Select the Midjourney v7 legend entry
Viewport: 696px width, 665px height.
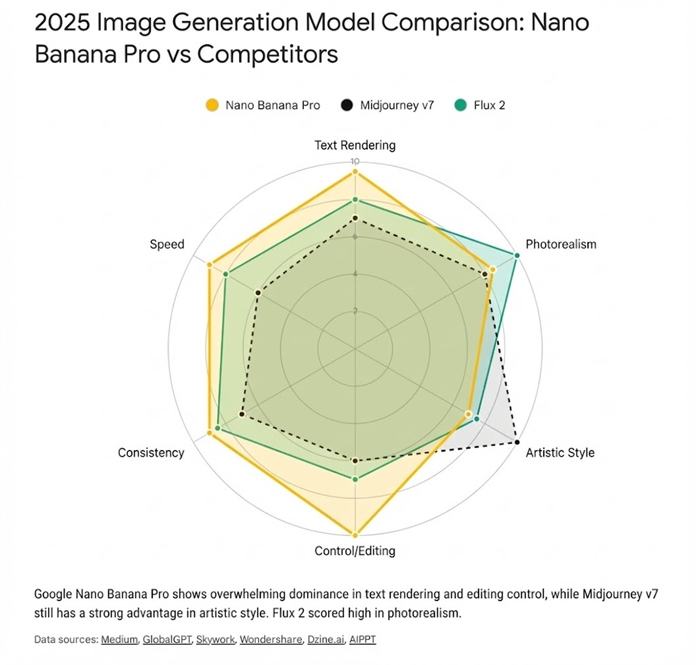point(388,105)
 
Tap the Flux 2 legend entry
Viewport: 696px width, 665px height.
point(480,105)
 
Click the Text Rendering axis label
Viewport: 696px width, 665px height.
point(355,145)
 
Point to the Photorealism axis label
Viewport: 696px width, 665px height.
point(560,244)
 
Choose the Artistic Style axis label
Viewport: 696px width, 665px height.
point(560,453)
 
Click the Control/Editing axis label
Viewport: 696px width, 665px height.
point(355,551)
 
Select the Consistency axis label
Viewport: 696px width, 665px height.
point(151,453)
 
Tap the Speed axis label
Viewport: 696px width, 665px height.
point(167,244)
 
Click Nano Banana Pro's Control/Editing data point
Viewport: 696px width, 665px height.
point(355,535)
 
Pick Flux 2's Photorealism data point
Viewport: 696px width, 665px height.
point(517,255)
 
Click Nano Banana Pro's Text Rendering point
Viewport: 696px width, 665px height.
point(355,172)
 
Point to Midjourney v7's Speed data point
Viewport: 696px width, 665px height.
point(258,293)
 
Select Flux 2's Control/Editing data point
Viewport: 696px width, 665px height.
point(355,479)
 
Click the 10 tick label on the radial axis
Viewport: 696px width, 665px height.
point(355,162)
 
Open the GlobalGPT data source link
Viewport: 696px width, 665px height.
point(167,640)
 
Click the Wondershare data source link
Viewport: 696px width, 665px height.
point(271,640)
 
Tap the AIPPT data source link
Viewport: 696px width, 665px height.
point(363,640)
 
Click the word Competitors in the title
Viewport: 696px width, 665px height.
point(268,54)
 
